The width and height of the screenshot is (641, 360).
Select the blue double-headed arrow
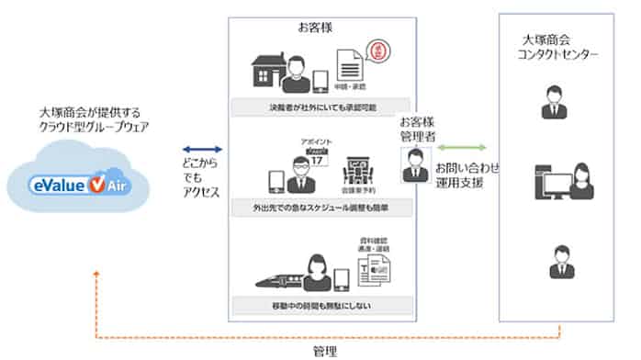click(x=203, y=148)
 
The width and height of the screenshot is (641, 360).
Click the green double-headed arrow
click(x=468, y=148)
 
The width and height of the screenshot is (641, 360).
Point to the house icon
click(x=266, y=72)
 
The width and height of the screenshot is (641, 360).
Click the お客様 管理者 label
click(x=416, y=128)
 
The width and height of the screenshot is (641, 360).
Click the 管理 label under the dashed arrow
click(x=323, y=350)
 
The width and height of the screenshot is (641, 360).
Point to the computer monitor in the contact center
click(x=549, y=181)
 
